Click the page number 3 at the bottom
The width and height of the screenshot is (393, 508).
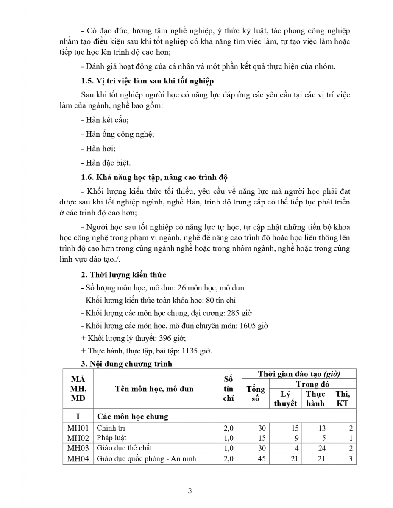(x=190, y=491)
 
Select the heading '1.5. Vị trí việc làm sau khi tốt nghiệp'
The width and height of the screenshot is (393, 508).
(x=147, y=81)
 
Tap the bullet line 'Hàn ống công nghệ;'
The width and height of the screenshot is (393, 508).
(x=117, y=134)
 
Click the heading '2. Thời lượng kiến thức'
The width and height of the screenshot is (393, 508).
(x=123, y=275)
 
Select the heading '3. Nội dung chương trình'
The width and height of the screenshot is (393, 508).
(x=126, y=364)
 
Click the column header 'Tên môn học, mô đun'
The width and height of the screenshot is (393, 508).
(x=154, y=389)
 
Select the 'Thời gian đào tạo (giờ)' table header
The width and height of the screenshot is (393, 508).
(x=299, y=374)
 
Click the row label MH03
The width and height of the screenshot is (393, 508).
(x=78, y=448)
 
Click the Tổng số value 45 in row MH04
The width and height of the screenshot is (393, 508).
(x=262, y=459)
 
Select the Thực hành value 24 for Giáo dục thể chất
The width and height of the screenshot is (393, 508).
(x=321, y=448)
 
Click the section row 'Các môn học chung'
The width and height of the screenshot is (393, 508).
(x=133, y=417)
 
